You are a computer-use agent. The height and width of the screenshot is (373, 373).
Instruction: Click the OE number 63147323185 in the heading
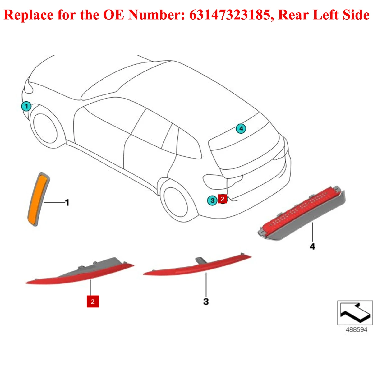pos(229,15)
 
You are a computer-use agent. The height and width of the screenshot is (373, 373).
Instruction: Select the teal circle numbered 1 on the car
pos(26,107)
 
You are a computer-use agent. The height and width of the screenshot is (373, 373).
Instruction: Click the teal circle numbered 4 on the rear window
pos(241,128)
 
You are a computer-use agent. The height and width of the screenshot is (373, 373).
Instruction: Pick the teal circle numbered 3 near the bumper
pos(212,200)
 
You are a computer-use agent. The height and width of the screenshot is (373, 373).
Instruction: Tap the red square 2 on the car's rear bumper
pos(223,199)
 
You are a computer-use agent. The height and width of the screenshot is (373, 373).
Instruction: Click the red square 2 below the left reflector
pos(93,302)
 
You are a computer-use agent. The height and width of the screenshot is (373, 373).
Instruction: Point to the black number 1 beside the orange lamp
pos(67,203)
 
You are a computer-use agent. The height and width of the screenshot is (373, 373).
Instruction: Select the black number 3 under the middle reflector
pos(206,301)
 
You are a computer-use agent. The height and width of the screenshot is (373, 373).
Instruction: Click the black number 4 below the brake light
pos(312,246)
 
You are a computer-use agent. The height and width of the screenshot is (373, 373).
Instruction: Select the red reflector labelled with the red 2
pos(78,275)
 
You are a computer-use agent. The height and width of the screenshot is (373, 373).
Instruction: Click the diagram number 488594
pos(356,330)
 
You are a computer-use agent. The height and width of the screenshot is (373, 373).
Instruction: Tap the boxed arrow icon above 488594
pos(355,312)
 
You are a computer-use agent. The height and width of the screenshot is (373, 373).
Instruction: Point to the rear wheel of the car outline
pos(176,202)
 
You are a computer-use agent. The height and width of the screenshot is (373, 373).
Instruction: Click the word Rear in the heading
pos(293,15)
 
